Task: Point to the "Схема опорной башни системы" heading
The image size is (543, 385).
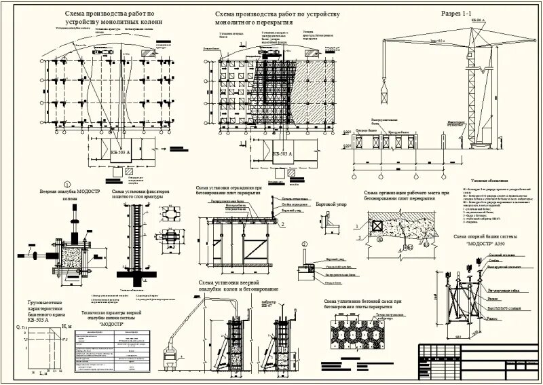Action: coord(485,236)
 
